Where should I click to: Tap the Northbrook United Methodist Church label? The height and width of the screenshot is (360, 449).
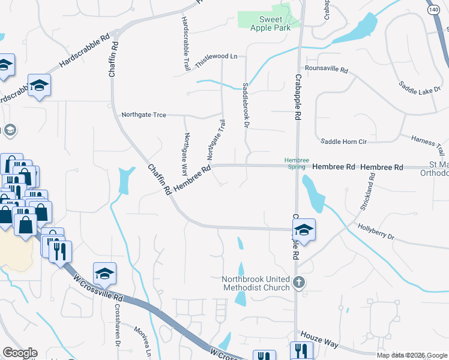[256, 283]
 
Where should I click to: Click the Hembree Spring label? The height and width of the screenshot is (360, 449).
[297, 163]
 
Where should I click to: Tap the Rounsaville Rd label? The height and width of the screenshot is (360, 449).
[327, 70]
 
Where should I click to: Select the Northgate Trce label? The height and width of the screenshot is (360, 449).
[143, 114]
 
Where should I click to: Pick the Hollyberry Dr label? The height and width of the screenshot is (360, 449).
[375, 232]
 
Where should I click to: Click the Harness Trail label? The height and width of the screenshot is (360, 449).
[427, 143]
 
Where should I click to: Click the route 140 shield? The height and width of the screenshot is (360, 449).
[434, 10]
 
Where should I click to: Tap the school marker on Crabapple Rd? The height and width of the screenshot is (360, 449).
[304, 230]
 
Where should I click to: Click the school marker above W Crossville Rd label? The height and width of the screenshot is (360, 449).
[104, 274]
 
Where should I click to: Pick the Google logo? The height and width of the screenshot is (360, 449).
[20, 353]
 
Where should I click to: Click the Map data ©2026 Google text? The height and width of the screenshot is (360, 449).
[411, 355]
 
